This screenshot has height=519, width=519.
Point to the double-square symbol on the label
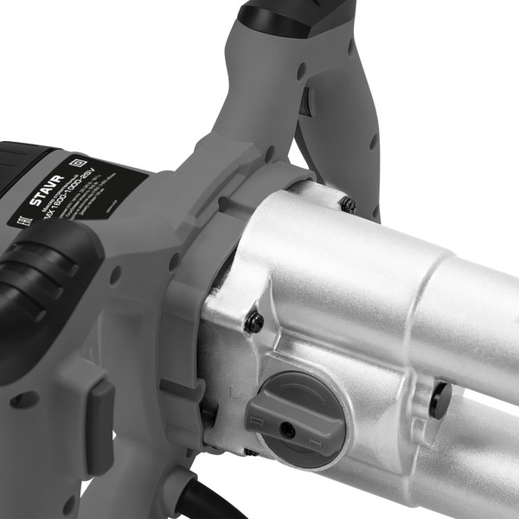pos(74,161)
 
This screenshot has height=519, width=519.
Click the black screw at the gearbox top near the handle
pos(349,204)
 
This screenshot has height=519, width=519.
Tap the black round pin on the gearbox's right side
pos(441,399)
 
